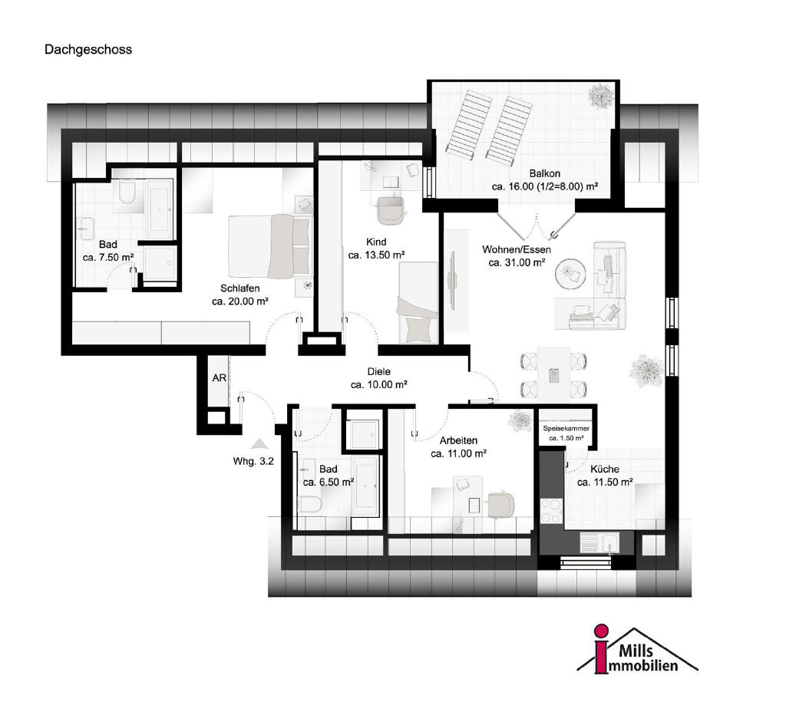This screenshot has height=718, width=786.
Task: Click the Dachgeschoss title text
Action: (x=88, y=50)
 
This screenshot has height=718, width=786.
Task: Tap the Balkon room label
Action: (x=545, y=174)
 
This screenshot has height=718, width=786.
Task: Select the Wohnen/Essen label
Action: (x=517, y=249)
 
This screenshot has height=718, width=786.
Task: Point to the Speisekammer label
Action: (x=566, y=428)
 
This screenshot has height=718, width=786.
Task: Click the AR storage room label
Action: (x=219, y=377)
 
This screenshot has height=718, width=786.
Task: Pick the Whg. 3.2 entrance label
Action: (x=253, y=462)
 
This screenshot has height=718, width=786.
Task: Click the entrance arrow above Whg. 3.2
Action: (x=259, y=444)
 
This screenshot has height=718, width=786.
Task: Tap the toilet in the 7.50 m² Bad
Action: (x=127, y=193)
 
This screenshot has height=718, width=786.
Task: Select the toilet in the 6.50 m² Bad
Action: (x=310, y=504)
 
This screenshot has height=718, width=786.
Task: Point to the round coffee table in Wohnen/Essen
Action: (x=570, y=274)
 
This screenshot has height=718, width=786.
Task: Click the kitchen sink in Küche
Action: (x=599, y=542)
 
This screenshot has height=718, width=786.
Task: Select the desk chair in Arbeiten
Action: (x=500, y=505)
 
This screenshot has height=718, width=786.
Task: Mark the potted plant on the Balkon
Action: (x=600, y=96)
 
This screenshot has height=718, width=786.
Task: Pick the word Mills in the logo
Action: (x=636, y=650)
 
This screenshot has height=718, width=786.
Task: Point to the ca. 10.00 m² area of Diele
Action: (x=379, y=385)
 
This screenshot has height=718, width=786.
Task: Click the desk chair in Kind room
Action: (x=391, y=210)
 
